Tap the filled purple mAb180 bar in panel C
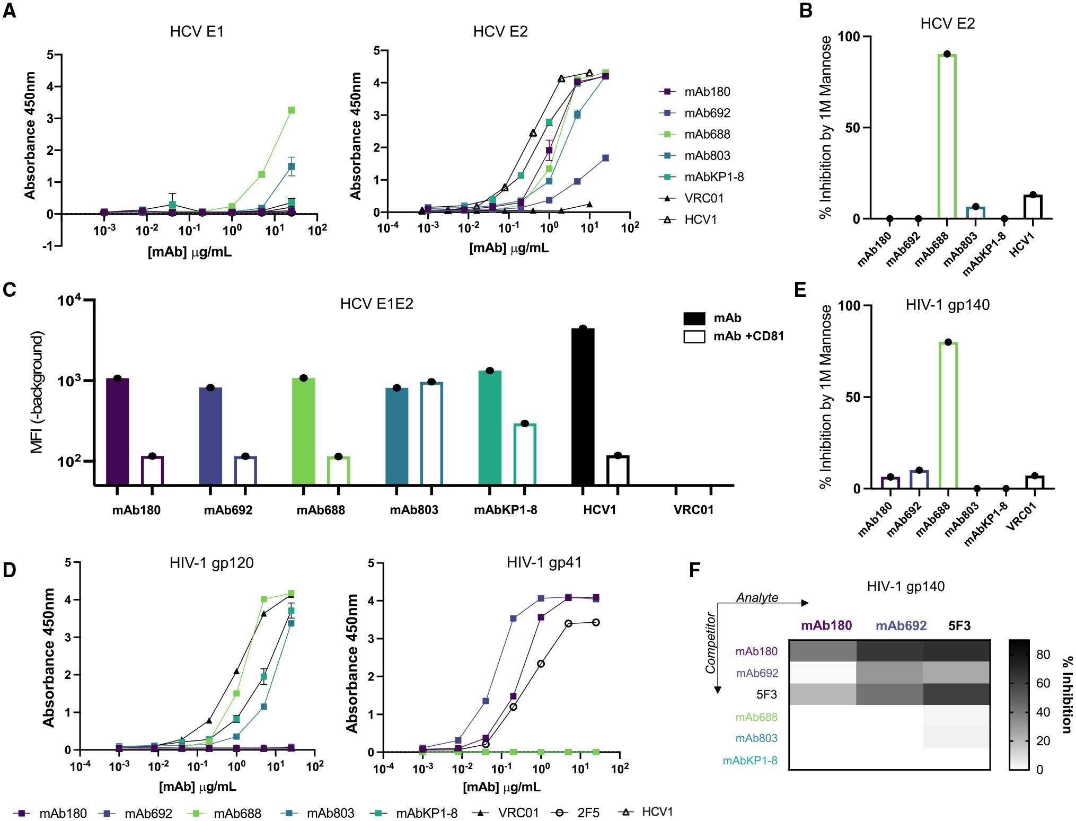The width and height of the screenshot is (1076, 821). [x=118, y=431]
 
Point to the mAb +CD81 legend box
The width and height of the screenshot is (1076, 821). [x=694, y=336]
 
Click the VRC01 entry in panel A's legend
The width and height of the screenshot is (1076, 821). [x=703, y=198]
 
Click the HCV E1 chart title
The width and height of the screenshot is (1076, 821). [x=197, y=32]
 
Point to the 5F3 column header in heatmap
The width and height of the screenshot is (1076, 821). [x=959, y=625]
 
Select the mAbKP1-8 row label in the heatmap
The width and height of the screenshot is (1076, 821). [x=749, y=761]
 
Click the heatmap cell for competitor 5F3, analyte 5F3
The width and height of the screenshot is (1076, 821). [x=956, y=694]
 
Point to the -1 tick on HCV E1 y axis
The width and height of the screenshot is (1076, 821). [x=49, y=246]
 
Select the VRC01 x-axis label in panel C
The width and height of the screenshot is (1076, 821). [x=693, y=510]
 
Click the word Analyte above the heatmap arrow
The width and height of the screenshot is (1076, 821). [x=757, y=598]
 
